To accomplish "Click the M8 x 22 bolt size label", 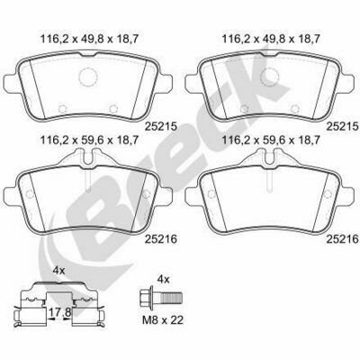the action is [x=162, y=320].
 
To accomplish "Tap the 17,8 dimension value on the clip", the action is [x=59, y=312].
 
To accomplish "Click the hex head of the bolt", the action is [x=147, y=297].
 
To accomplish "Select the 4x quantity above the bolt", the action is [x=164, y=280].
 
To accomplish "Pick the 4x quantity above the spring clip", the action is [x=58, y=271].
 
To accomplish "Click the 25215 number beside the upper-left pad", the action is [x=161, y=126].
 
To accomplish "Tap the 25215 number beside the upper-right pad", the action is [x=343, y=126].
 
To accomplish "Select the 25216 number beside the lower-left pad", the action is [x=161, y=239].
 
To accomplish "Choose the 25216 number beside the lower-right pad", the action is [x=343, y=239].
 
